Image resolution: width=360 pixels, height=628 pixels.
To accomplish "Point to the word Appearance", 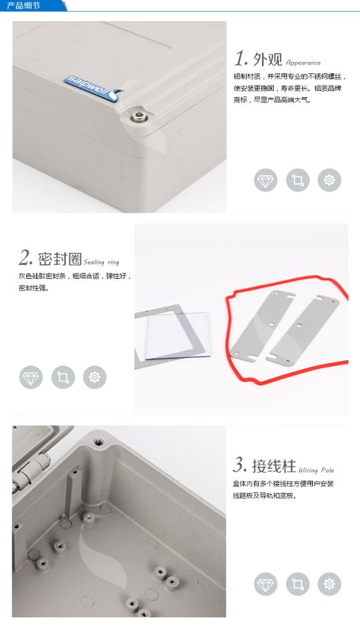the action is coord(303,62).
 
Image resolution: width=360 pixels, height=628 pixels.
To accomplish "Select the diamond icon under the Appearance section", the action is coord(265,180).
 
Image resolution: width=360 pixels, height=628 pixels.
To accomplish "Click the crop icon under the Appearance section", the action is coord(297,180).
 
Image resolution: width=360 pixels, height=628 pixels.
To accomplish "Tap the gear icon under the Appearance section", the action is coord(329,180).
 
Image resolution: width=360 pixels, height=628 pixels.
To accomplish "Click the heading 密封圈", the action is coord(60,259).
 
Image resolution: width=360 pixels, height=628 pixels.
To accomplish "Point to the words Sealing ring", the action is coord(101,263).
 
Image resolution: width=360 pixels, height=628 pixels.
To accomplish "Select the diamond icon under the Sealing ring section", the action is coord(31,377).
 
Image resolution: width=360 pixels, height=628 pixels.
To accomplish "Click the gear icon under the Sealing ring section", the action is coord(95,377).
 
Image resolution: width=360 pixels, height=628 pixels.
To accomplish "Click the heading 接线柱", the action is coord(274,467).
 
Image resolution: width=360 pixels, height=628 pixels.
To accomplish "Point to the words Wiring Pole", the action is coord(316,470).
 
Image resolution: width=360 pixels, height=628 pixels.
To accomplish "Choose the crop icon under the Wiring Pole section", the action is coord(297,583).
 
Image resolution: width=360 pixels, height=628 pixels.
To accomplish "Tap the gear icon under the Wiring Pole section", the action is coord(329,583).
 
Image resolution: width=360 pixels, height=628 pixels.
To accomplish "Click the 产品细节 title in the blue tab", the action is coord(23,6).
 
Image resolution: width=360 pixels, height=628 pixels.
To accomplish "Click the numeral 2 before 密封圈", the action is coord(26,258).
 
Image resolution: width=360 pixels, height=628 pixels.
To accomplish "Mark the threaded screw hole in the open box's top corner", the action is coord(97,442).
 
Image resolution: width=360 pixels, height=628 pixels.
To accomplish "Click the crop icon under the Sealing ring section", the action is coord(63,377).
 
